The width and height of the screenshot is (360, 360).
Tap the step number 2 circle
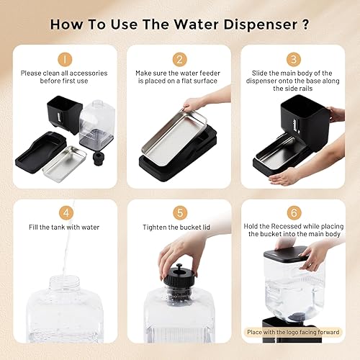180,58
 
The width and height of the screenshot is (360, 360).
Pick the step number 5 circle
180,212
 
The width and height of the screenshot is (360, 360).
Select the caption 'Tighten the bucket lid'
180,228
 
